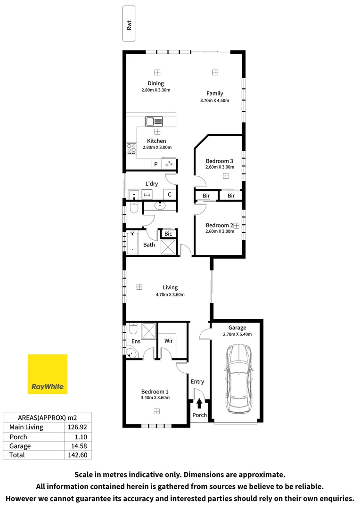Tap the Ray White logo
[x=48, y=374]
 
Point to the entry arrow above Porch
[x=199, y=403]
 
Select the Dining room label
[x=155, y=83]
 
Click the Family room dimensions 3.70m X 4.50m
[x=214, y=100]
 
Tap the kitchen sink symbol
[x=154, y=121]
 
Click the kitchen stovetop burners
[x=131, y=149]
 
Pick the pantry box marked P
[x=156, y=164]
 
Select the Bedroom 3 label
[x=220, y=161]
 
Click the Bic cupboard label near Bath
[x=168, y=234]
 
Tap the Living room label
[x=170, y=287]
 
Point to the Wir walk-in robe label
[x=169, y=341]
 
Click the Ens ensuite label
[x=136, y=341]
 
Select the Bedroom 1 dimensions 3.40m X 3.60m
[x=155, y=398]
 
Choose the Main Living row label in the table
[x=26, y=427]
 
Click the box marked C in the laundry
[x=169, y=194]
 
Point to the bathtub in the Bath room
[x=131, y=243]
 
